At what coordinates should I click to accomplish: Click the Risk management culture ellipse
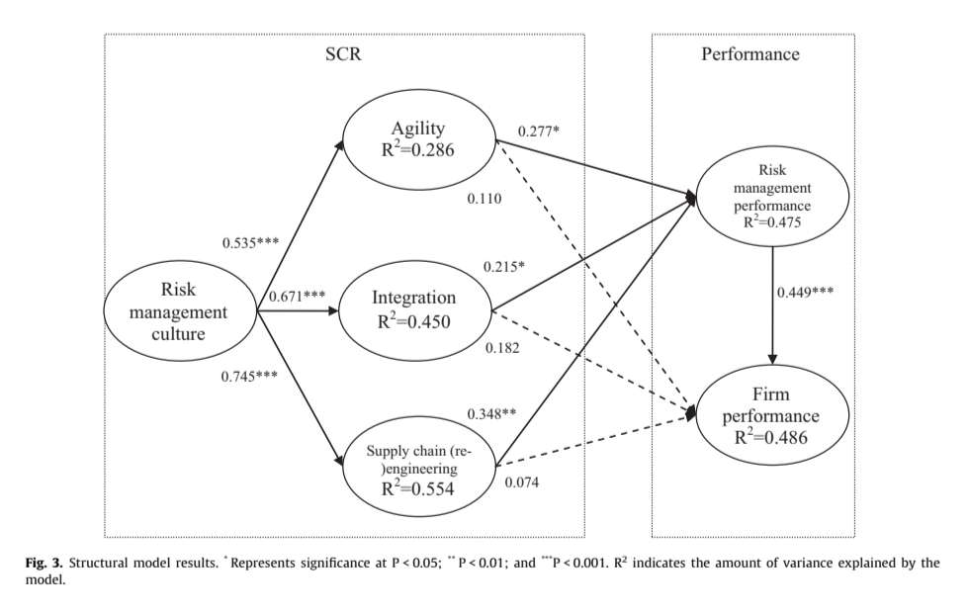click(x=181, y=310)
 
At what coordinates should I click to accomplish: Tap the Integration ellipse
click(x=414, y=307)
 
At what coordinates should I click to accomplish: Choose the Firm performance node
click(x=772, y=415)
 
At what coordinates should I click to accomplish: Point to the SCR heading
click(x=343, y=54)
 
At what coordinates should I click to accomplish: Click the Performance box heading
click(x=750, y=54)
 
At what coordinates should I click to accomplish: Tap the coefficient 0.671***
click(x=298, y=296)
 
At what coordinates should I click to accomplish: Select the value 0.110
click(x=484, y=199)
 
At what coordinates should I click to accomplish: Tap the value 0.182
click(x=503, y=347)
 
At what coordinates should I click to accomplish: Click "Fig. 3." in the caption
click(x=44, y=563)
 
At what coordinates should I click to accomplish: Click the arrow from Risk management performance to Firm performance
click(x=772, y=306)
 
